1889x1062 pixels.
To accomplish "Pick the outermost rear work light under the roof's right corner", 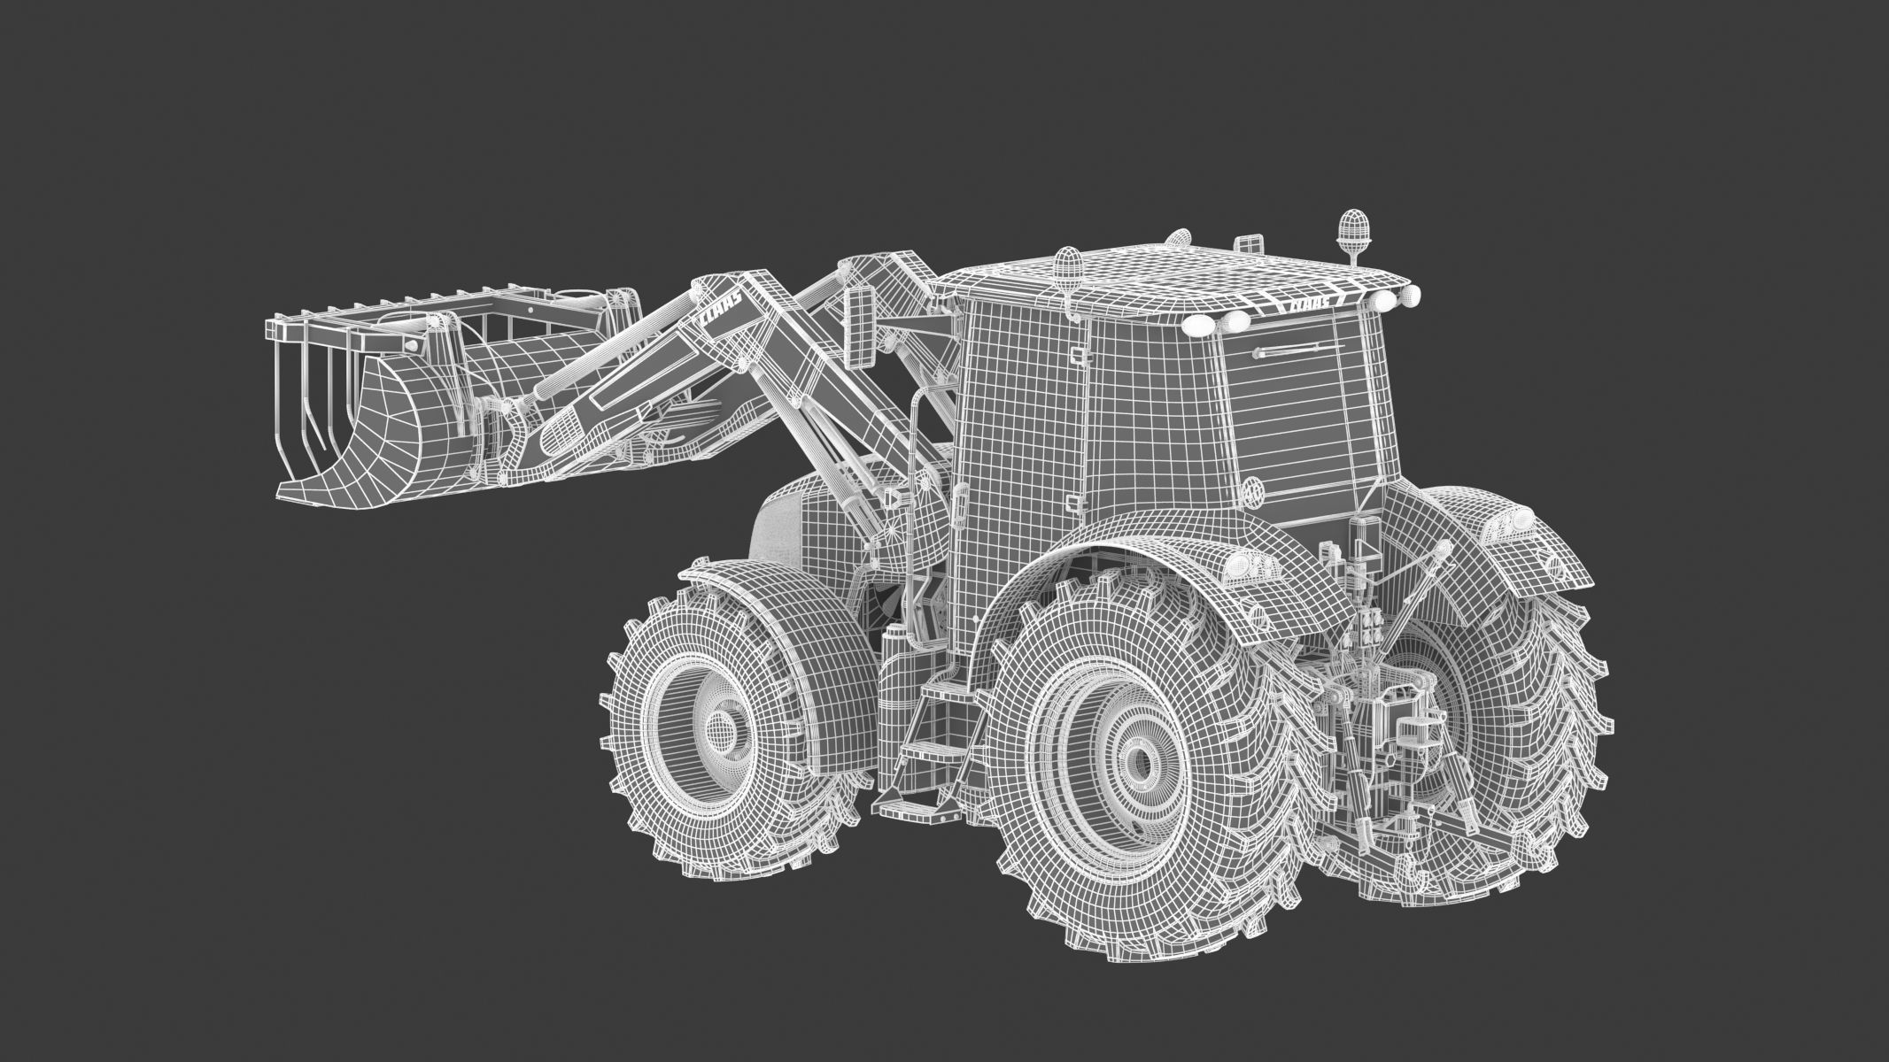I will tap(1410, 295).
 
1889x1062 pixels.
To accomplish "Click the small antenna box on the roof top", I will tap(1247, 242).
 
